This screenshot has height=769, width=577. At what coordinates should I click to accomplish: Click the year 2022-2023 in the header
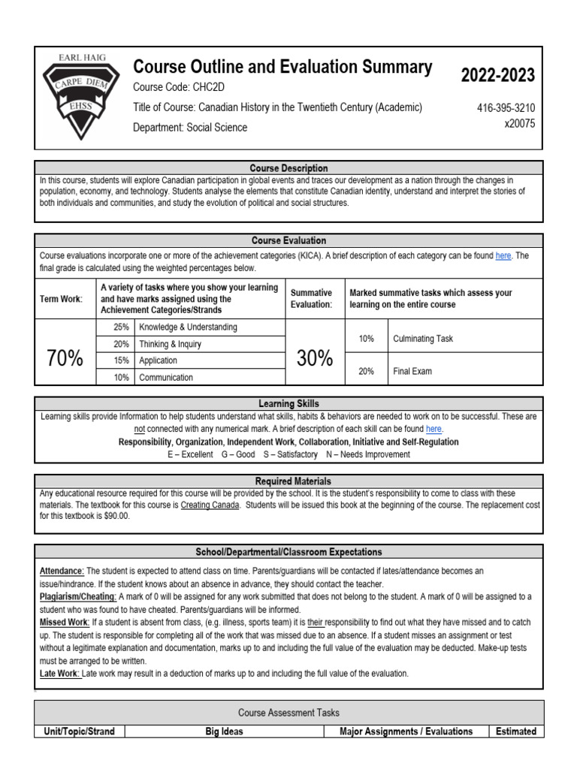[497, 75]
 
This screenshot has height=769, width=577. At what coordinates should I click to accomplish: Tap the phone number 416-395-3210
[506, 108]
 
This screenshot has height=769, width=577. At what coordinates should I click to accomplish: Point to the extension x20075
[519, 124]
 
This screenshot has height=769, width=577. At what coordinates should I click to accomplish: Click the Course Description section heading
[289, 168]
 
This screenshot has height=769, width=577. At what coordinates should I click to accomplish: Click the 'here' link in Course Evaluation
[503, 256]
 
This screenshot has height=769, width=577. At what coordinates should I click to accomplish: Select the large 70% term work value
[65, 359]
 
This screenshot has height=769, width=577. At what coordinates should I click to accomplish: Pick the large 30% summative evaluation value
[314, 359]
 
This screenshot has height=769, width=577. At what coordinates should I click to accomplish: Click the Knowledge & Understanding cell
[188, 327]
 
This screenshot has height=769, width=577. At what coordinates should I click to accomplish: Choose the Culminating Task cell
[423, 339]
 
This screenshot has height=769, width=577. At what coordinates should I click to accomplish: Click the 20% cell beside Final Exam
[366, 371]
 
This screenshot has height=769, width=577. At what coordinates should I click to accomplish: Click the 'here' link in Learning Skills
[434, 429]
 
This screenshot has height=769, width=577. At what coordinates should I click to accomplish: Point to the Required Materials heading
[289, 481]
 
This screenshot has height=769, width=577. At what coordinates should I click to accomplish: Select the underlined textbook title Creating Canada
[210, 505]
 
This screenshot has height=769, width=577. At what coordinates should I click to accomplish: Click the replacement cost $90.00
[112, 517]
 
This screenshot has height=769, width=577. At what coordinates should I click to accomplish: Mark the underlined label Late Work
[59, 674]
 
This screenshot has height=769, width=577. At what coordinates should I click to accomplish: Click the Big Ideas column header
[224, 731]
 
